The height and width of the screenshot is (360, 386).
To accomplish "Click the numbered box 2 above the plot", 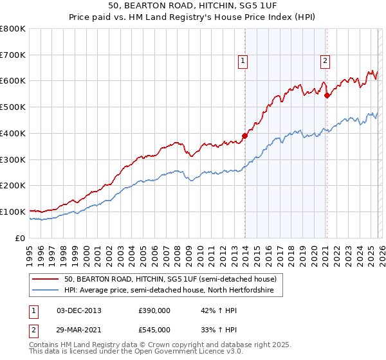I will tap(325, 61).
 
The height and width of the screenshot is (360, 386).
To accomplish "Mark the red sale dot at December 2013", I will tap(244, 136).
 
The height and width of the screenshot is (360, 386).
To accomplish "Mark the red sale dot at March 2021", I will tap(327, 95).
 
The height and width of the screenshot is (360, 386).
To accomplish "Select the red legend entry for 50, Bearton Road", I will tap(170, 279).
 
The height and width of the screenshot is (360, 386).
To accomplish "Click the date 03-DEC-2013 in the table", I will tap(79, 310).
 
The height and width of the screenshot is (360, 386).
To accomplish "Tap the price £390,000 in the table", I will tap(154, 310).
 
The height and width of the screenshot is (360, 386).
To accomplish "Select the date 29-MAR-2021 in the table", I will tap(79, 329).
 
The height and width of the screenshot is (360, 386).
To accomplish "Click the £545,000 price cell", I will tap(154, 329).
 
